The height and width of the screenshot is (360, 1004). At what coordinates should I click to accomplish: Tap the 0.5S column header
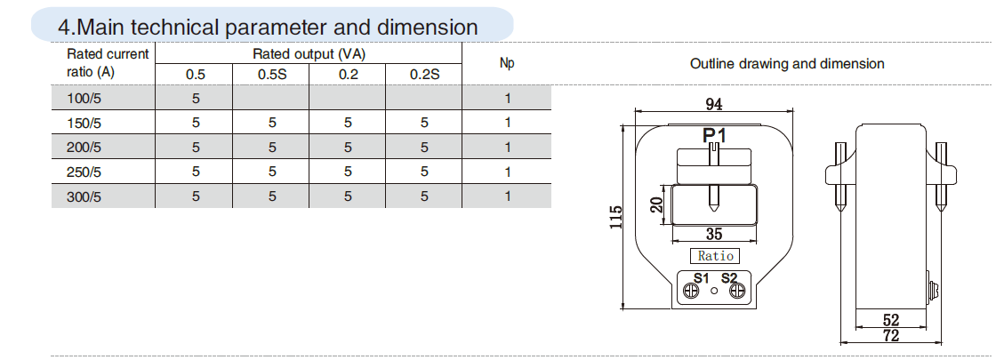click(x=272, y=74)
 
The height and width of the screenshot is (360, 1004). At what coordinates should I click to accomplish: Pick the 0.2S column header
click(x=425, y=74)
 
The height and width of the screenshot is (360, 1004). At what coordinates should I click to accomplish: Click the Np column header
click(x=507, y=63)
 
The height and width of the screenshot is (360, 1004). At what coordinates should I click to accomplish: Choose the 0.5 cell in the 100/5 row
click(x=196, y=97)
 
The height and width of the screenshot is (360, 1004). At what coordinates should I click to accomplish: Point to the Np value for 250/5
click(x=507, y=172)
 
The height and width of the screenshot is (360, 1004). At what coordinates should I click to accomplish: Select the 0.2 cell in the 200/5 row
click(x=349, y=147)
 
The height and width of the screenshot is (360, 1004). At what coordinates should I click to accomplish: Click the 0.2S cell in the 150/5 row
click(x=425, y=122)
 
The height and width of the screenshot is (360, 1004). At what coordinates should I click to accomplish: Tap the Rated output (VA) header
click(x=309, y=53)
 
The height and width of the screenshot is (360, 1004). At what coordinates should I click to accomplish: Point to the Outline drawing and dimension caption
click(x=787, y=64)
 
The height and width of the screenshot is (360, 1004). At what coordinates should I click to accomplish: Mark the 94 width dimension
click(x=713, y=105)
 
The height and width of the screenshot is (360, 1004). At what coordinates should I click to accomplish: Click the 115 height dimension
click(x=614, y=218)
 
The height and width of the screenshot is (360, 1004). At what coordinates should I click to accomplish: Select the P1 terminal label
click(x=714, y=136)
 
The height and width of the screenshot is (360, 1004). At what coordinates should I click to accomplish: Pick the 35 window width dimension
click(x=713, y=235)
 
